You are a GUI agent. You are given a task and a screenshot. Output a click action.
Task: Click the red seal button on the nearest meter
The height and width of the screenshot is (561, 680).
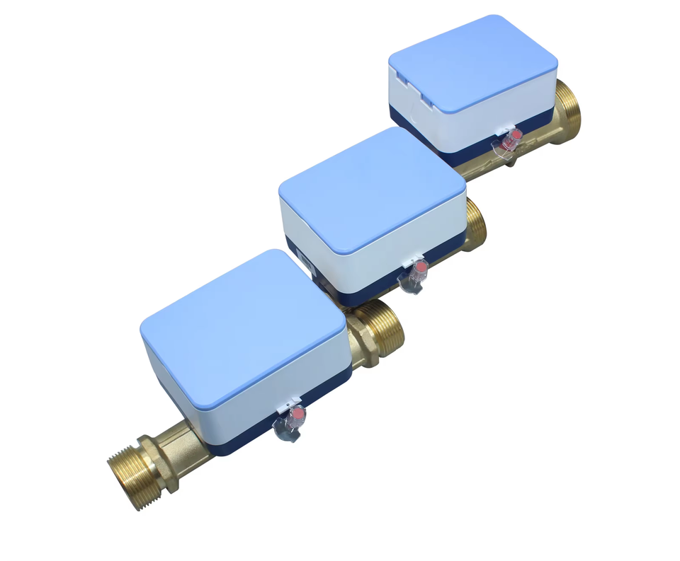[299, 412]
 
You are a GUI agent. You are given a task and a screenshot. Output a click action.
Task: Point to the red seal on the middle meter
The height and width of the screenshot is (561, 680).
[420, 267]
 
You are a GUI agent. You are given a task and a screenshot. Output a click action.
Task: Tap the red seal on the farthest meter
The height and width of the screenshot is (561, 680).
[516, 134]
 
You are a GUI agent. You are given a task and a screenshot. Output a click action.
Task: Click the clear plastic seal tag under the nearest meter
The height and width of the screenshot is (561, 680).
[285, 429]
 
